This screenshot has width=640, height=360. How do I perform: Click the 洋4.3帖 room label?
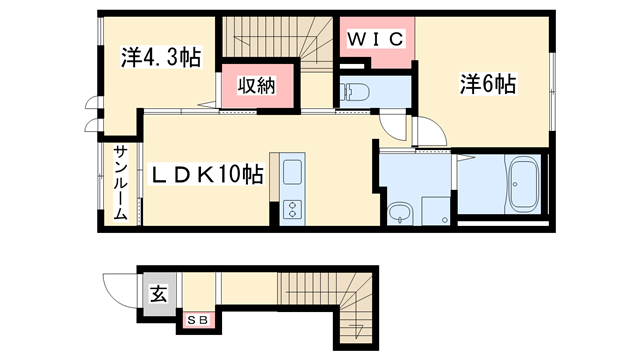point(160,58)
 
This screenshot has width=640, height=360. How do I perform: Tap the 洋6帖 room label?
point(487,86)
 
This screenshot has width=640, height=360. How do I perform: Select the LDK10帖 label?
point(207,175)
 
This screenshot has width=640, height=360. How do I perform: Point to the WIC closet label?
point(376,39)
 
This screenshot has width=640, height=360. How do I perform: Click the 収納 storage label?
point(257,86)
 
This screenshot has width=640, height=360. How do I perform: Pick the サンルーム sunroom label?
point(119,183)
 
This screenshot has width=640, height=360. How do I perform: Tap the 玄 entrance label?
point(158,294)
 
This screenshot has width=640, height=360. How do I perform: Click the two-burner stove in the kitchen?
point(293,210)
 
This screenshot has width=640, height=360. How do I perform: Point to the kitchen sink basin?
point(292,173)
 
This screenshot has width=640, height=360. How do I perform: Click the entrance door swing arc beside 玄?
point(121,289)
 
